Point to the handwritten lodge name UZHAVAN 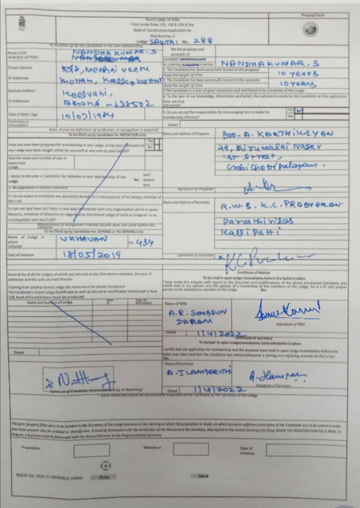pyautogui.click(x=84, y=238)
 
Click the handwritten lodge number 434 pyautogui.click(x=142, y=243)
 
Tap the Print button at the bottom pyautogui.click(x=104, y=476)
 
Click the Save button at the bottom pyautogui.click(x=203, y=476)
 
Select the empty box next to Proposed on pyautogui.click(x=91, y=450)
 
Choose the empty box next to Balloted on pyautogui.click(x=190, y=449)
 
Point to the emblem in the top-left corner pyautogui.click(x=22, y=22)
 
